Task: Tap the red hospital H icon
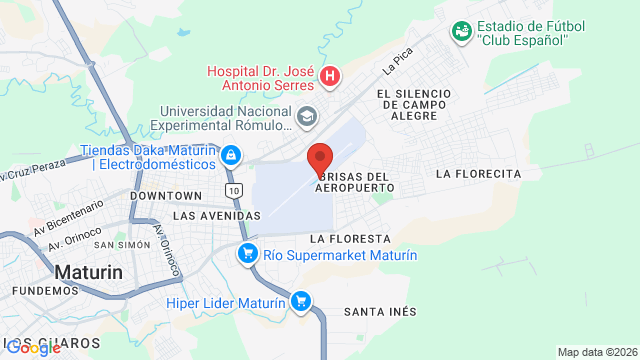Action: click(330, 76)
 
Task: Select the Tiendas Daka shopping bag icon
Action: click(231, 155)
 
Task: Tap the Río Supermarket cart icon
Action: click(246, 254)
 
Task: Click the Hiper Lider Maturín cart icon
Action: click(300, 300)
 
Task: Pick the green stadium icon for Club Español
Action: click(461, 32)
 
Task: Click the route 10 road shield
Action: click(233, 189)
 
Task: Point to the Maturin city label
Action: click(88, 271)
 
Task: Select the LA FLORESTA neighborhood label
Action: click(349, 239)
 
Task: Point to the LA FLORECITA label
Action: click(479, 173)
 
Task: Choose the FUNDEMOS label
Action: click(45, 290)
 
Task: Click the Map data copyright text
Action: click(596, 352)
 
